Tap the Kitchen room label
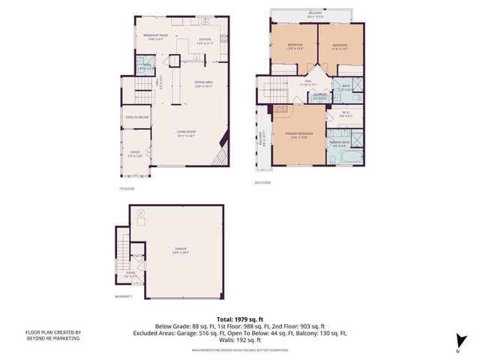coord(205,41)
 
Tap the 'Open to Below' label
coord(136,117)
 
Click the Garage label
coord(181,250)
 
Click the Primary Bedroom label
coord(298,136)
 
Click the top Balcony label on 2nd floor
coord(316,13)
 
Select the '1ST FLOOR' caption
coord(127,187)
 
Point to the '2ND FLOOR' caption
coord(262,181)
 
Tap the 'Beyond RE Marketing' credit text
coord(52,337)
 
